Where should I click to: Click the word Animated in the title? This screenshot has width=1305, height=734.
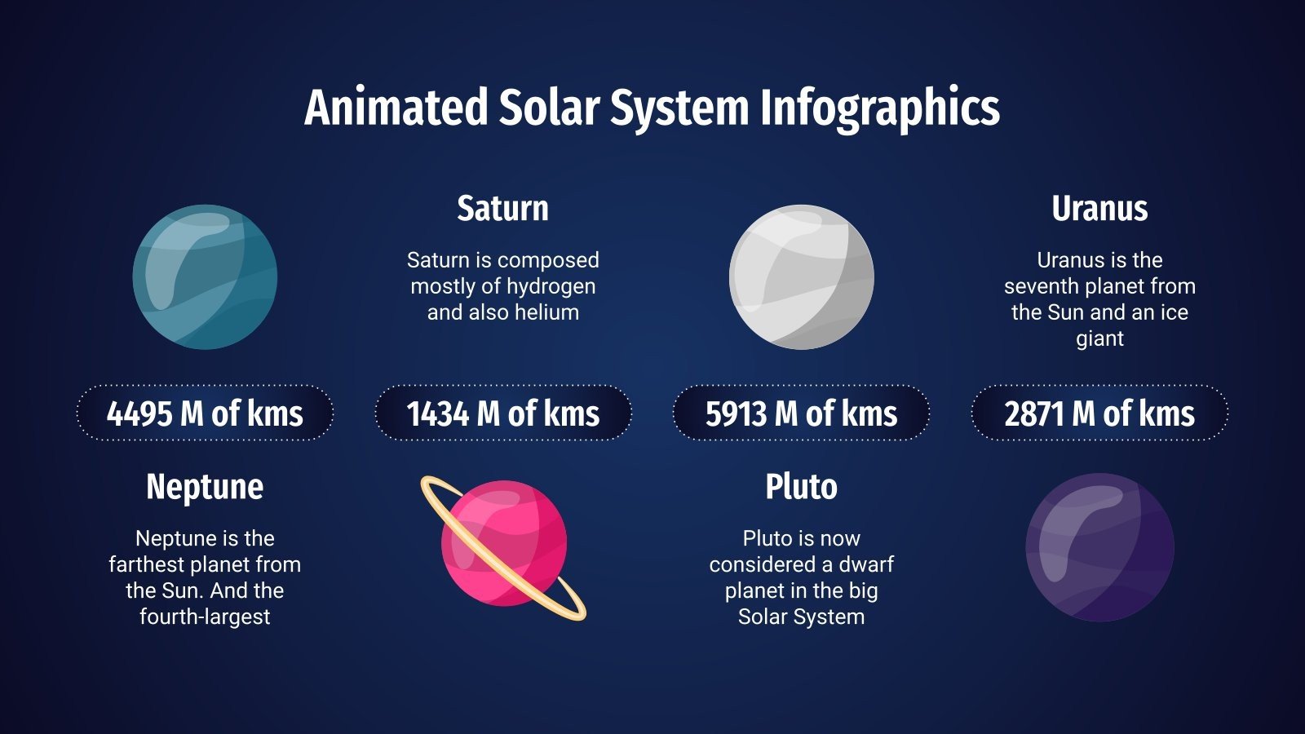point(396,108)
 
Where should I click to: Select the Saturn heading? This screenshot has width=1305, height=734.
point(502,209)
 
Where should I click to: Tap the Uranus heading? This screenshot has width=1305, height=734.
point(1099,209)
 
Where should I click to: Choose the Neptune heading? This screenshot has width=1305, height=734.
point(205,488)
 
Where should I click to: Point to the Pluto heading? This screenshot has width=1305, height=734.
point(801,487)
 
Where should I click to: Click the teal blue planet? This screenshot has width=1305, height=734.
point(205,277)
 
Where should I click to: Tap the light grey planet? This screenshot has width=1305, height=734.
point(801,277)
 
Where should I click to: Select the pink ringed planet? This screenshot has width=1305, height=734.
point(503,544)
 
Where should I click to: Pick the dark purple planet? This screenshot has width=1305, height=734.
point(1099,547)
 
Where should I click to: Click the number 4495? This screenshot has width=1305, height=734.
point(139,413)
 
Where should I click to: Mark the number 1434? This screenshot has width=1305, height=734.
point(438,413)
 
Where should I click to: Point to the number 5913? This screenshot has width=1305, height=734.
point(737,413)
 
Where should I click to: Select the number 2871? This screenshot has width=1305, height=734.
point(1034,413)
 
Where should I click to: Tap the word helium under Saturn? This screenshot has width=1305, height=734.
point(547,312)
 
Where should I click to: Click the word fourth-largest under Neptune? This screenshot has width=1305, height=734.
point(205,617)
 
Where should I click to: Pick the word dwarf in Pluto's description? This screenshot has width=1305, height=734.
point(866,564)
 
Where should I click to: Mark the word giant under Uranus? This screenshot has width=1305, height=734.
point(1099,338)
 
